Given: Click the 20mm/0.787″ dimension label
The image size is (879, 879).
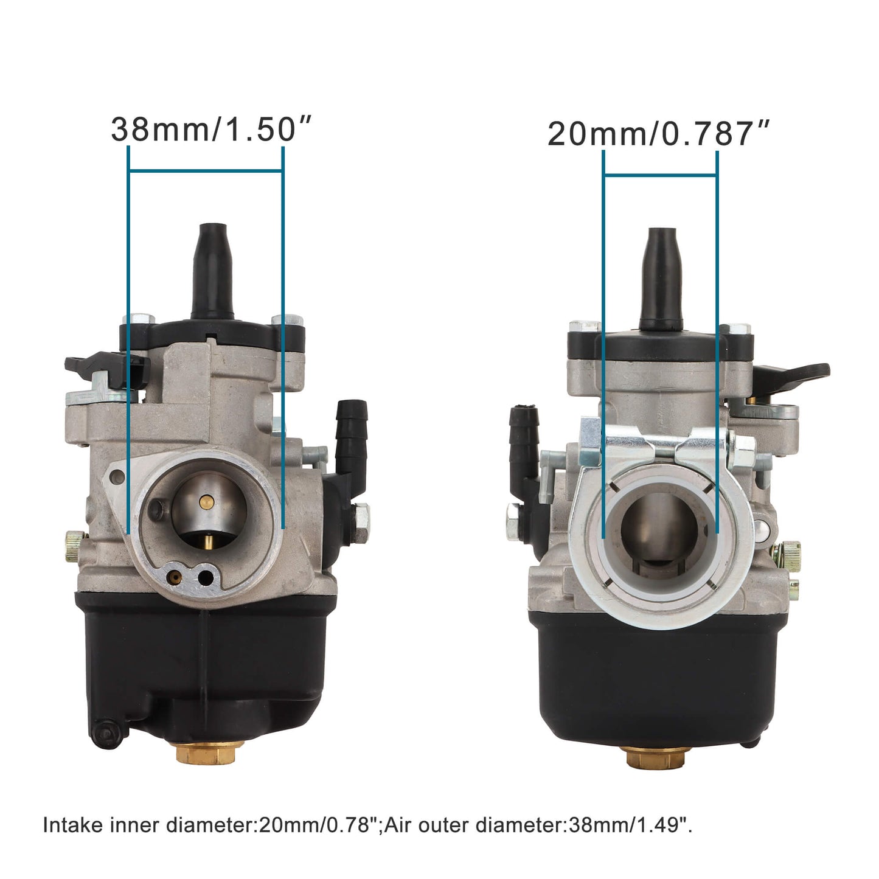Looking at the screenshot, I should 658,134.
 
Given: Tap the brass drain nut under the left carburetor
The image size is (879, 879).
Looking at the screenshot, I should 210,753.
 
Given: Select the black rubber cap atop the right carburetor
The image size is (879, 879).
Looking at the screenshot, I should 661,277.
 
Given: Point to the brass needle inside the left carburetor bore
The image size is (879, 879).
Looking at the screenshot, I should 207,501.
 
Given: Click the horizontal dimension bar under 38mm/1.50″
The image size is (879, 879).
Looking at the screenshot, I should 206,171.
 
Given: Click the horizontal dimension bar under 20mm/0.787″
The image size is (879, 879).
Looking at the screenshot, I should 660,175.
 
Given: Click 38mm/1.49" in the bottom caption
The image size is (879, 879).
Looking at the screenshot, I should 629,825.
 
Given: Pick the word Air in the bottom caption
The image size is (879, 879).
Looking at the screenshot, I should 400,825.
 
